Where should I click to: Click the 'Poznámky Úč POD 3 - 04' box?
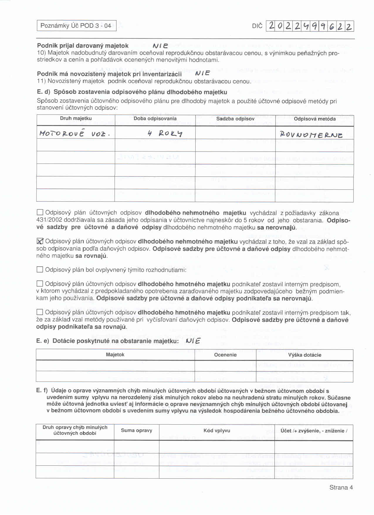[76, 26]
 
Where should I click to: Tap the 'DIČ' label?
[257, 26]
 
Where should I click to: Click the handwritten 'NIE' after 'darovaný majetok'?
[160, 46]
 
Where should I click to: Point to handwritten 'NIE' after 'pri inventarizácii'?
[202, 73]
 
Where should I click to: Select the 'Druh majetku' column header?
[76, 119]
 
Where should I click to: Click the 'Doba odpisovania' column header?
[155, 119]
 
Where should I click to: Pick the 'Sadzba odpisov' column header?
[235, 119]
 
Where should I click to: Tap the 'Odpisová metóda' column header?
[314, 119]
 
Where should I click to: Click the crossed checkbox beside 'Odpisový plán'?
[40, 241]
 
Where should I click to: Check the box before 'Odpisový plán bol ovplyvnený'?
[40, 270]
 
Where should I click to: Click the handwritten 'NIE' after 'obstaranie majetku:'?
[193, 341]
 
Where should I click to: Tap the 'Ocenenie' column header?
[225, 355]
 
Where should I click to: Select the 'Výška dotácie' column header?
[304, 355]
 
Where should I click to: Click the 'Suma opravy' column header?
[136, 430]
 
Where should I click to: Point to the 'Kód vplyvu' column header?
[217, 431]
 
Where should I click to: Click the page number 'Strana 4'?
[341, 488]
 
